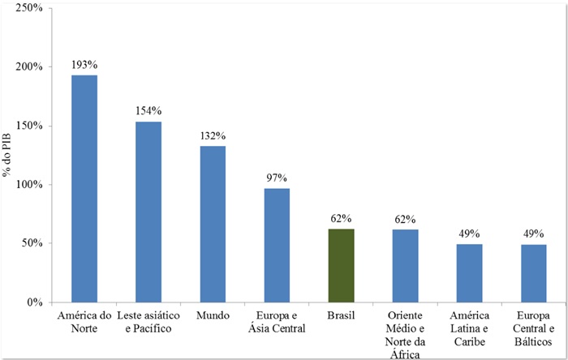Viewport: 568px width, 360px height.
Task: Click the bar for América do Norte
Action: [84, 188]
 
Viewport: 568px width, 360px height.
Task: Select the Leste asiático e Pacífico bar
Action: [148, 212]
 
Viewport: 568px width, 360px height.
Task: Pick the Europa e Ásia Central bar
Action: [277, 245]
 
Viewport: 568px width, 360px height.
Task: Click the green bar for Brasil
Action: [341, 265]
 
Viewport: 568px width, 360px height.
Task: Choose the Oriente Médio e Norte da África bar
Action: [405, 265]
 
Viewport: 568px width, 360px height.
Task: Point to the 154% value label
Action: [148, 110]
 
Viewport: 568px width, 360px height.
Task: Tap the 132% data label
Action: [213, 135]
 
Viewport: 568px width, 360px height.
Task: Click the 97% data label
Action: [277, 177]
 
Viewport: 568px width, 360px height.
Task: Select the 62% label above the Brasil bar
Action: [341, 217]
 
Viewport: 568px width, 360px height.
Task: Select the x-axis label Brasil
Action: [341, 315]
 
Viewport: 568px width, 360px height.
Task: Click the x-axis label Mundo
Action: [213, 315]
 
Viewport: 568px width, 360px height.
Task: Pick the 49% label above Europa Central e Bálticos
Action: [533, 233]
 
